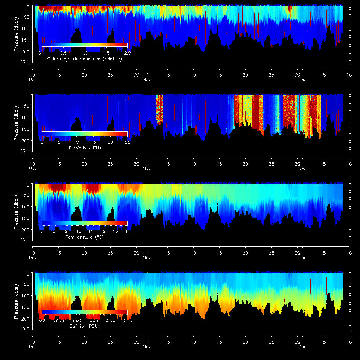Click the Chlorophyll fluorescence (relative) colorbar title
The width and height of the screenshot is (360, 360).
[x=84, y=59]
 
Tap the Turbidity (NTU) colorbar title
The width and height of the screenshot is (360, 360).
[x=84, y=148]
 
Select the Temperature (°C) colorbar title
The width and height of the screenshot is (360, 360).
[x=84, y=237]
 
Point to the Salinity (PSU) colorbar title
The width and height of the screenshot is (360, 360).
[x=84, y=326]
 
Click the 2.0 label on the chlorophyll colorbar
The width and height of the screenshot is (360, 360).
[x=127, y=53]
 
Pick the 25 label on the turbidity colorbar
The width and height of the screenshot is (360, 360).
[x=127, y=142]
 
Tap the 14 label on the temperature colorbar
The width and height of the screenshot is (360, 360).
[x=127, y=231]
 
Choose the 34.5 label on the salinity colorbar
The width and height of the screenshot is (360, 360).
[x=127, y=321]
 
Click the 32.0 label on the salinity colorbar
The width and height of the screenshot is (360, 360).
[x=42, y=321]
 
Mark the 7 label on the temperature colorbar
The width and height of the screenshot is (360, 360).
[x=42, y=231]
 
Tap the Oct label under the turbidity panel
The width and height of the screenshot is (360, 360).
[x=32, y=169]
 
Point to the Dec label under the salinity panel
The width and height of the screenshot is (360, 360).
[x=302, y=347]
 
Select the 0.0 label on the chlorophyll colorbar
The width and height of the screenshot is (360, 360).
[x=42, y=53]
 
